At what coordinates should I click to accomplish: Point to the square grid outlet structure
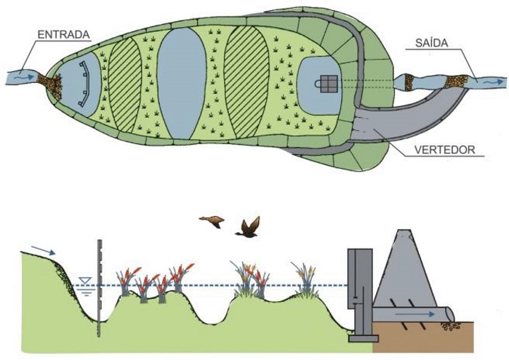point(328,84)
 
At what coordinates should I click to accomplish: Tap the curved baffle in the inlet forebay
point(85,84)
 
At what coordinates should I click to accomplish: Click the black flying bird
point(248,228)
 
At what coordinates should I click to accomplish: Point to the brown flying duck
point(212,221)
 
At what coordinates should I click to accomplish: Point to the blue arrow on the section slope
point(43,252)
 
